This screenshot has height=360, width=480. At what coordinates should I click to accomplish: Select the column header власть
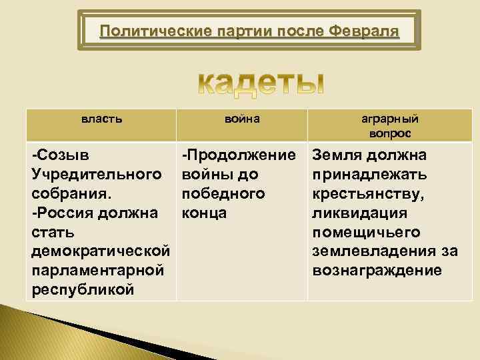point(101,119)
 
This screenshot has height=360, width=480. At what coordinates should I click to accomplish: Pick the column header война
point(242,119)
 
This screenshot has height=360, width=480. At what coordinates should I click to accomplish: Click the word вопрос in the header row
point(390,133)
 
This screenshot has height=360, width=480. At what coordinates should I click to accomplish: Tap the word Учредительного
point(96,175)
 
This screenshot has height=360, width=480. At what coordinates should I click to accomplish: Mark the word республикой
point(83,291)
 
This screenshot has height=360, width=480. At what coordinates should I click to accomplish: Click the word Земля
point(337,155)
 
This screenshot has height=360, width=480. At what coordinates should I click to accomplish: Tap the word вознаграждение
point(377,271)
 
